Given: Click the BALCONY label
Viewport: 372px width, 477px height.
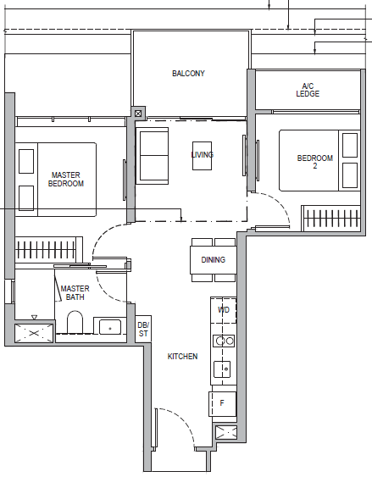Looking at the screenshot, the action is click(x=188, y=74).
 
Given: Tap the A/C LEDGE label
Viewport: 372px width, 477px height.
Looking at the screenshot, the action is click(x=308, y=90).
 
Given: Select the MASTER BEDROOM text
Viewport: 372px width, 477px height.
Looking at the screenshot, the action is click(x=66, y=179).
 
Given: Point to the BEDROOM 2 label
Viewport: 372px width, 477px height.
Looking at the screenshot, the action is click(x=315, y=162).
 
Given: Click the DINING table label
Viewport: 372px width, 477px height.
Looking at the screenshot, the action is click(x=214, y=260).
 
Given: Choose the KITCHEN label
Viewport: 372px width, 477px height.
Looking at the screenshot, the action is click(x=182, y=356).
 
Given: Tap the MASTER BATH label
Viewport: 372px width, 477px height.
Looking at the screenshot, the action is click(x=75, y=292).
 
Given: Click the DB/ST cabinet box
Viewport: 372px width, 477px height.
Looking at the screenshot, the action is click(x=143, y=329).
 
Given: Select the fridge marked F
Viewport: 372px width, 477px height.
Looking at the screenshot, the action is click(x=222, y=404).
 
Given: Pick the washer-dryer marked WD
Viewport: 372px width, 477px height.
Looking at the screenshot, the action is click(x=224, y=310).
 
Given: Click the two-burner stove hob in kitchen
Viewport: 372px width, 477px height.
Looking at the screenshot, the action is click(x=224, y=341).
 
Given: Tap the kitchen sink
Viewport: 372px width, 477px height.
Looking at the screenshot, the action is click(x=222, y=369).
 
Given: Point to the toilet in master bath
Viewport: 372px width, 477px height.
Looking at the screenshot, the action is click(x=75, y=322).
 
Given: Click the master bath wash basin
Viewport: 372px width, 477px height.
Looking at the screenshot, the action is click(x=110, y=327).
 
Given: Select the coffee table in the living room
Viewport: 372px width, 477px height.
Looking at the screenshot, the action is click(x=202, y=156).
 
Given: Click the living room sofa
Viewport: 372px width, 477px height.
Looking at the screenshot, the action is click(x=153, y=156).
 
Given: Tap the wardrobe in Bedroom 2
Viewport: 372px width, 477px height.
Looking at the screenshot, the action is click(x=331, y=218).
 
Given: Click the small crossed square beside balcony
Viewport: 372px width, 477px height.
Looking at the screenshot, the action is click(x=138, y=114).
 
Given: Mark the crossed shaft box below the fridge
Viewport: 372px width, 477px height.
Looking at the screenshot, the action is click(x=226, y=432).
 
